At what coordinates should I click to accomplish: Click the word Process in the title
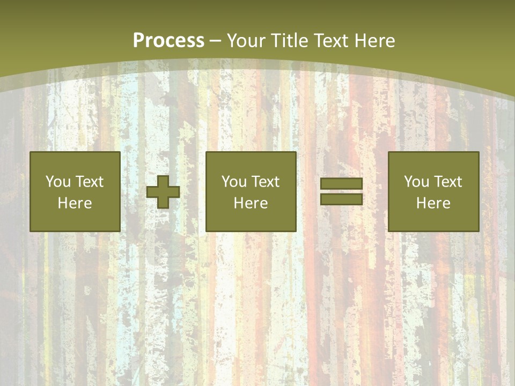pyautogui.click(x=168, y=41)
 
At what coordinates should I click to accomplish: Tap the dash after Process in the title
pyautogui.click(x=216, y=41)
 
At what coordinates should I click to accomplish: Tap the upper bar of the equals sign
pyautogui.click(x=341, y=184)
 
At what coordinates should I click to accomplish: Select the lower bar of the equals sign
pyautogui.click(x=341, y=199)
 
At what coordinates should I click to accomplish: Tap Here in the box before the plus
pyautogui.click(x=75, y=203)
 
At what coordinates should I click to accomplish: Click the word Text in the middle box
pyautogui.click(x=265, y=182)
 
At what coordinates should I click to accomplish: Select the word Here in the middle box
pyautogui.click(x=251, y=203)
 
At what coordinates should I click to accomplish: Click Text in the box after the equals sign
pyautogui.click(x=447, y=182)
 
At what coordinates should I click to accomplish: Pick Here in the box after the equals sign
pyautogui.click(x=433, y=203)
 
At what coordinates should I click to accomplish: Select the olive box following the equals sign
pyautogui.click(x=433, y=220)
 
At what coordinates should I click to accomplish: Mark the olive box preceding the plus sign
pyautogui.click(x=75, y=220)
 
